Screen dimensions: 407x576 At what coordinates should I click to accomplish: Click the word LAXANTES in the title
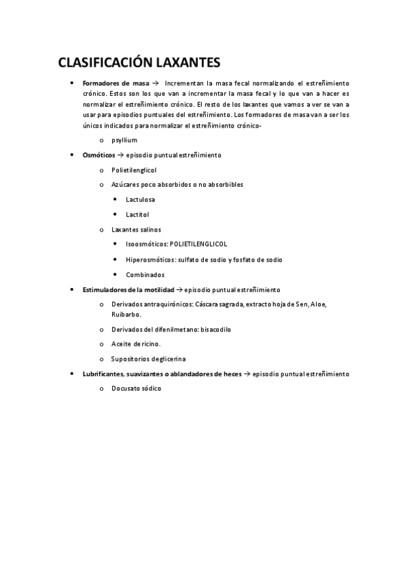(183, 63)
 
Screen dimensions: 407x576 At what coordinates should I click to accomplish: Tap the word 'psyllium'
(124, 140)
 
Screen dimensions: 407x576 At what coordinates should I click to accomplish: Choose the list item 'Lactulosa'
(140, 199)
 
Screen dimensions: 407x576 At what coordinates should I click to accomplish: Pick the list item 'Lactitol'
(137, 214)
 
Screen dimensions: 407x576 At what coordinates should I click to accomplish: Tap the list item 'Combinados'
(145, 274)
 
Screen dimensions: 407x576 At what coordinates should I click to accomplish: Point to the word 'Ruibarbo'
(126, 314)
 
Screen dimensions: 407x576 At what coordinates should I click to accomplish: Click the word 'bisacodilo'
(216, 329)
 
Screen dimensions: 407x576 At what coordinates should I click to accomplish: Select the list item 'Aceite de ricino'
(136, 344)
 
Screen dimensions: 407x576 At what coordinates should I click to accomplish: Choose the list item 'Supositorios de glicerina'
(148, 359)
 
